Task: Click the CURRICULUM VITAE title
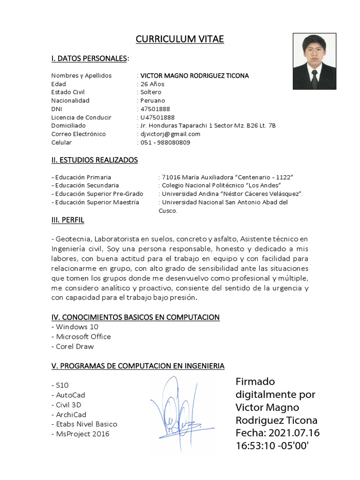pos(180,39)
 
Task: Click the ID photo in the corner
pos(314,61)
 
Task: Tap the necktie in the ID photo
pos(315,79)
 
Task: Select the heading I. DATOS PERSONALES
pos(89,59)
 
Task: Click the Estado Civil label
pos(68,92)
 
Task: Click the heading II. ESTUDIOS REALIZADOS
pos(95,160)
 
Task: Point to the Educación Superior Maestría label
pos(96,202)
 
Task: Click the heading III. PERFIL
pos(68,220)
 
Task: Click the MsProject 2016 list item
pos(80,434)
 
